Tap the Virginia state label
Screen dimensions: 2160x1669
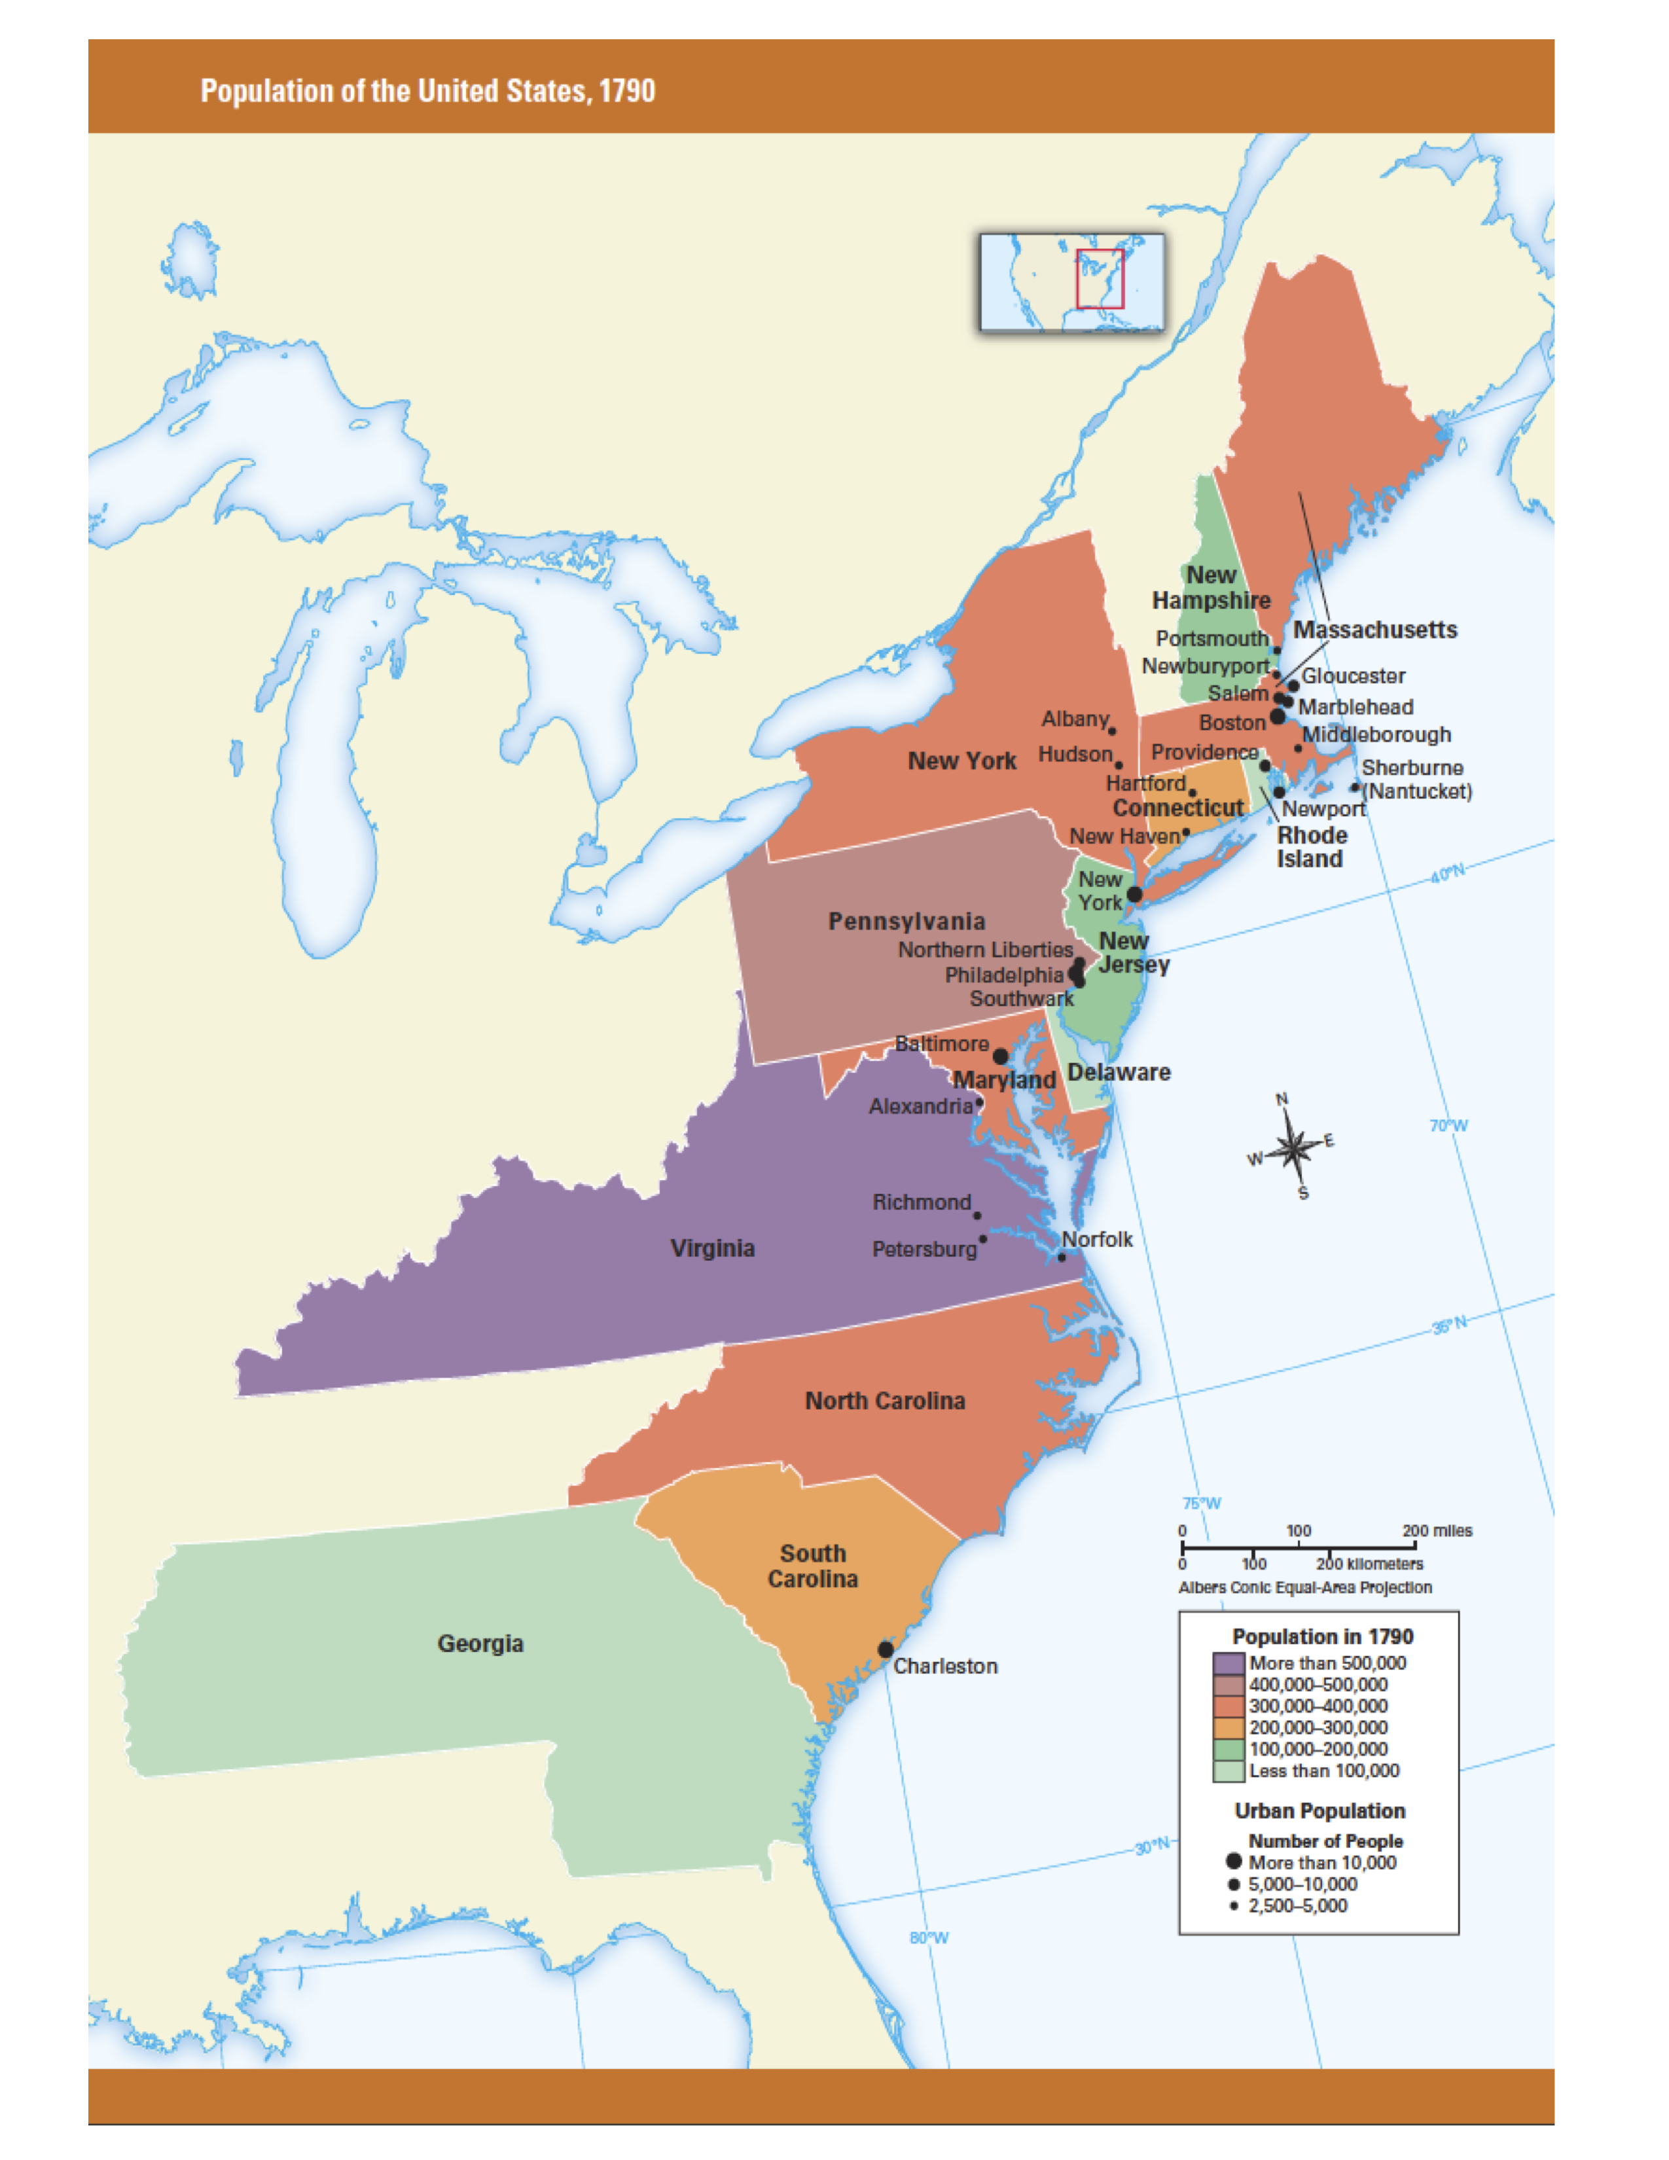pyautogui.click(x=712, y=1248)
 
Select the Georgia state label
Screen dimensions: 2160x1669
pyautogui.click(x=480, y=1644)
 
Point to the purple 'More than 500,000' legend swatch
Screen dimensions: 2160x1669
pyautogui.click(x=1228, y=1663)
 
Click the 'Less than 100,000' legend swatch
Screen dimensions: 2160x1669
pyautogui.click(x=1228, y=1771)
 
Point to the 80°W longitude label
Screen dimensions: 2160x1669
pyautogui.click(x=929, y=1937)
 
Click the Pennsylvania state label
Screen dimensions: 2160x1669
pyautogui.click(x=906, y=922)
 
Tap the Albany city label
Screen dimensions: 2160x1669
pyautogui.click(x=1075, y=719)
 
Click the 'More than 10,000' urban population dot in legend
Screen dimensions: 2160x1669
pyautogui.click(x=1233, y=1862)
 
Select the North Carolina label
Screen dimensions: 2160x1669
pyautogui.click(x=885, y=1401)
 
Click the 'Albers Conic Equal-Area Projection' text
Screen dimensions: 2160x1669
pyautogui.click(x=1304, y=1587)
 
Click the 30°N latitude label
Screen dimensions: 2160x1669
pyautogui.click(x=1151, y=1846)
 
